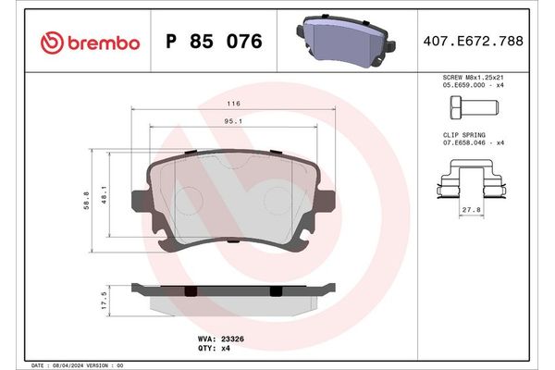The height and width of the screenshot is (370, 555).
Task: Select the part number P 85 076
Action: point(214,42)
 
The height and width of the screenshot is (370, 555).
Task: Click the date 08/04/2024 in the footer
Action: point(68,365)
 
